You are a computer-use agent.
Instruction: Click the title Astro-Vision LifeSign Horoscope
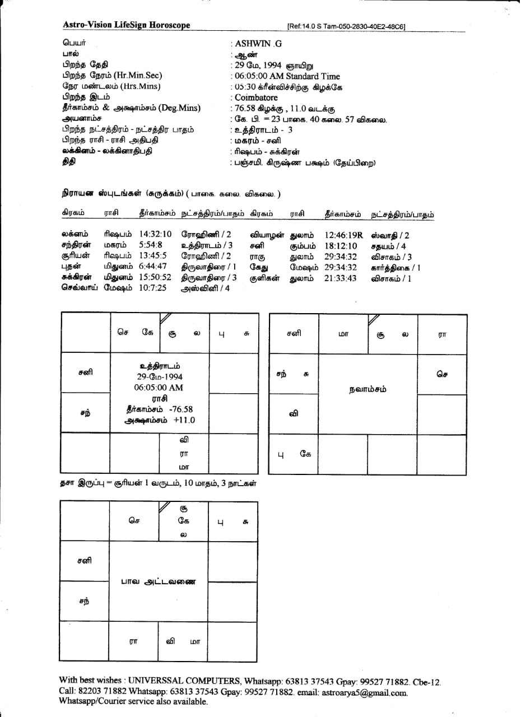pyautogui.click(x=126, y=25)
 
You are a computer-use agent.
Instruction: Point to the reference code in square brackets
pyautogui.click(x=346, y=26)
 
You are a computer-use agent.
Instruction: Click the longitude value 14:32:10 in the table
pyautogui.click(x=155, y=234)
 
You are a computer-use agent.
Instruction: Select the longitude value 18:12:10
pyautogui.click(x=340, y=246)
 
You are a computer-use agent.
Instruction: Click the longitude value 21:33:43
pyautogui.click(x=340, y=278)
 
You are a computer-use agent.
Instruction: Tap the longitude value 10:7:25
pyautogui.click(x=152, y=288)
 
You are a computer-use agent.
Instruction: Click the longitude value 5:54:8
pyautogui.click(x=150, y=245)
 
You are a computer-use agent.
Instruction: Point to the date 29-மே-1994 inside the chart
pyautogui.click(x=160, y=377)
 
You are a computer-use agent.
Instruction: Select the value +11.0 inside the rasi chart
pyautogui.click(x=184, y=420)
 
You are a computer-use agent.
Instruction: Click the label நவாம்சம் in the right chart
pyautogui.click(x=367, y=389)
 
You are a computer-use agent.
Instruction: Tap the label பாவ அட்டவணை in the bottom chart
pyautogui.click(x=159, y=581)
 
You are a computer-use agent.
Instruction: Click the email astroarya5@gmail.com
pyautogui.click(x=364, y=692)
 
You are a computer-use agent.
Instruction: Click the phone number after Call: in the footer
pyautogui.click(x=103, y=692)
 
